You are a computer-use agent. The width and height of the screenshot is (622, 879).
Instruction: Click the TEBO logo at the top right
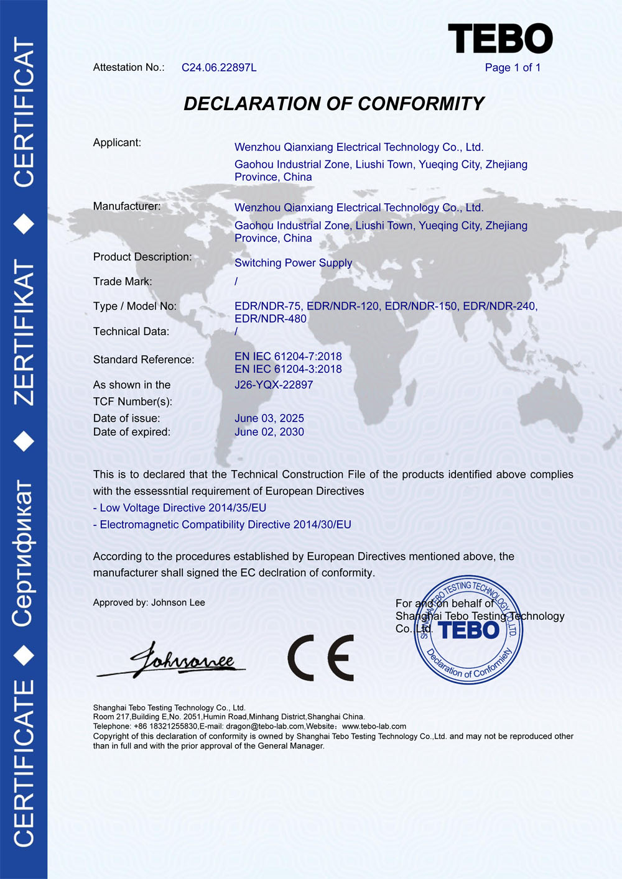[x=500, y=39]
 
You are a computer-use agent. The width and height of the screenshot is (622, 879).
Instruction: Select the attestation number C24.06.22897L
[x=219, y=68]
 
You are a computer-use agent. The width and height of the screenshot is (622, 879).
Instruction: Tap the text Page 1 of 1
[x=513, y=68]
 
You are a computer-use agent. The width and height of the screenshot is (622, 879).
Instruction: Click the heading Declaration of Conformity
[x=333, y=104]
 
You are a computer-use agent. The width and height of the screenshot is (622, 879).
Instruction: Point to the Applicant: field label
[x=117, y=143]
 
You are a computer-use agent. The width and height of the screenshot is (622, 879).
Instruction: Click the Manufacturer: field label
[x=126, y=206]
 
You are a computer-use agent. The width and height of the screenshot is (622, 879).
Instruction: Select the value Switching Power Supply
[x=293, y=263]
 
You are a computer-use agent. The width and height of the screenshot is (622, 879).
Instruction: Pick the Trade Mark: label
[x=123, y=282]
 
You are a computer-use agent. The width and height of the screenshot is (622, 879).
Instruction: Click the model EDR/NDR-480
[x=271, y=319]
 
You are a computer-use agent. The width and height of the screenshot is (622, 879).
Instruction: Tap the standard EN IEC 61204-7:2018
[x=288, y=356]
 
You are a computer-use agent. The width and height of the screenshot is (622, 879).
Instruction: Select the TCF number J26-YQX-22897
[x=274, y=385]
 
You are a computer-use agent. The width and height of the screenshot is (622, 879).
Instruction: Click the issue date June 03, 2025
[x=269, y=418]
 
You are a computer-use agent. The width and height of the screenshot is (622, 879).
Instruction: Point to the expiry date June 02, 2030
[x=269, y=432]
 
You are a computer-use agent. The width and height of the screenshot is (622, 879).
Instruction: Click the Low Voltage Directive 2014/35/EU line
[x=180, y=508]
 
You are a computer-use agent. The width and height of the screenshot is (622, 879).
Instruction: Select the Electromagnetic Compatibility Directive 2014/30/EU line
[x=222, y=525]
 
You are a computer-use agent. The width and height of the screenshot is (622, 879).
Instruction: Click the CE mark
[x=320, y=658]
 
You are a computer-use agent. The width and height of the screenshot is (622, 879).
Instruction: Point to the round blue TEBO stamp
[x=470, y=630]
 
